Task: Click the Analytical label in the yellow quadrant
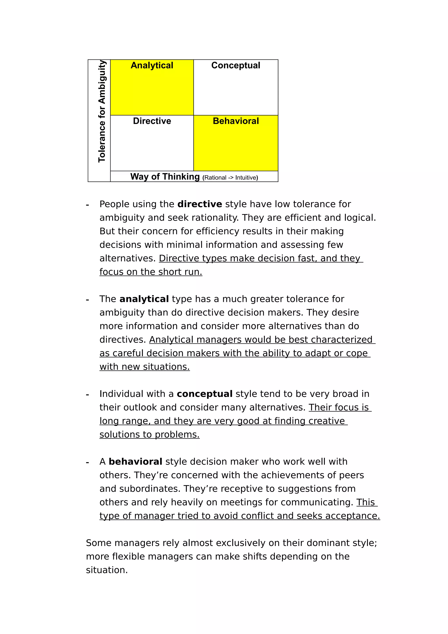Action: pos(152,65)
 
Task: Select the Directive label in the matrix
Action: pos(152,121)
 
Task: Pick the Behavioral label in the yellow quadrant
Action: pos(236,121)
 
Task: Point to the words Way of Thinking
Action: pos(165,177)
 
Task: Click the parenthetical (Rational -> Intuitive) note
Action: pos(230,178)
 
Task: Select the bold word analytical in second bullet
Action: pos(144,299)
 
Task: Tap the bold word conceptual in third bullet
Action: pos(205,394)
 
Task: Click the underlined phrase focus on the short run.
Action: pos(151,272)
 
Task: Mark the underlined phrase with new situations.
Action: pos(145,367)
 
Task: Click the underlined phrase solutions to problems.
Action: pos(149,435)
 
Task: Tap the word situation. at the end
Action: pos(107,570)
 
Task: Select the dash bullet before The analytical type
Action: pos(87,299)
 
